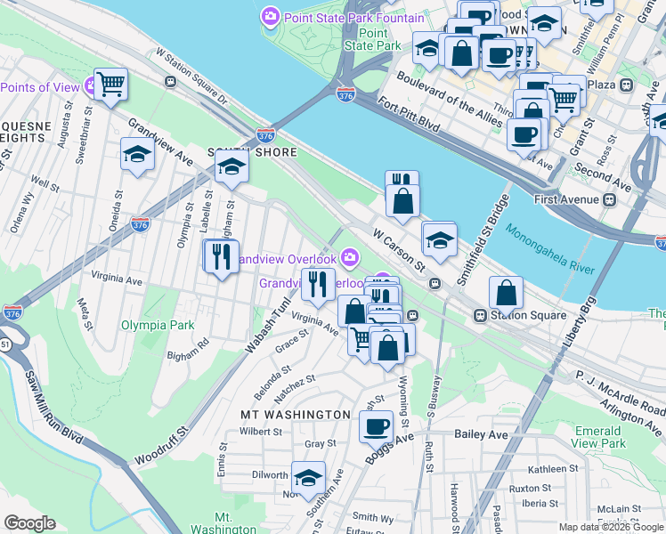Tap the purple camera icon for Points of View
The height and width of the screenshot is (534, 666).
[91, 86]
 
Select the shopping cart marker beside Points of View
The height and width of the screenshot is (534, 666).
[111, 85]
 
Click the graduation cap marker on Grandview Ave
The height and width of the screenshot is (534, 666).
[137, 155]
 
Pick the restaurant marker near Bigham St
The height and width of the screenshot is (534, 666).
[218, 257]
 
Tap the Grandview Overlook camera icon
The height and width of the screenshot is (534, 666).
[350, 258]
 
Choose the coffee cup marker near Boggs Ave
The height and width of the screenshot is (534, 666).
[376, 425]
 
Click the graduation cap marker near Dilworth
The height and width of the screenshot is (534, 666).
[308, 478]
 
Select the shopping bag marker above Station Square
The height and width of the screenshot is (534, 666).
[506, 292]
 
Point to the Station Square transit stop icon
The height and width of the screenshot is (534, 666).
[480, 315]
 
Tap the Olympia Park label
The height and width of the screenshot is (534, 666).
[158, 326]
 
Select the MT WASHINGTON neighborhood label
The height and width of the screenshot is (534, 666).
[296, 415]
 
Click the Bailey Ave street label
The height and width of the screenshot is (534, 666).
[480, 433]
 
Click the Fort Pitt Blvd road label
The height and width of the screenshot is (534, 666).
[410, 116]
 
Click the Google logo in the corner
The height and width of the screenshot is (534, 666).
[30, 523]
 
